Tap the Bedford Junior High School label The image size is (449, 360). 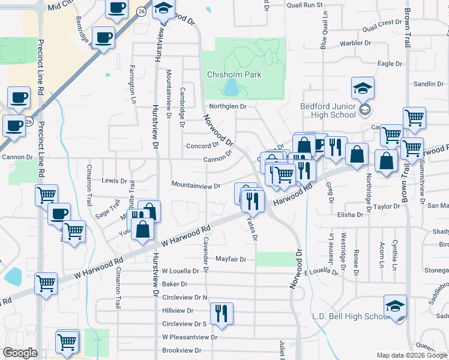click(328, 110)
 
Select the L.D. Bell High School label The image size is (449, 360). click(351, 316)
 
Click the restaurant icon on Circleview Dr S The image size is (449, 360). click(221, 314)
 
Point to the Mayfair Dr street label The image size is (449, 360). click(231, 260)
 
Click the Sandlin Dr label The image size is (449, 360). click(428, 84)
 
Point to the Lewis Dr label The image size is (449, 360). click(114, 181)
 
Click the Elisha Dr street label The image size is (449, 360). click(351, 214)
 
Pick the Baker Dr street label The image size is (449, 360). click(175, 284)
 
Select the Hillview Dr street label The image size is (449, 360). click(178, 311)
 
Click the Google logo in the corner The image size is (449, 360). click(20, 353)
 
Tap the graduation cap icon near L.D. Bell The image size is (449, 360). click(395, 307)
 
